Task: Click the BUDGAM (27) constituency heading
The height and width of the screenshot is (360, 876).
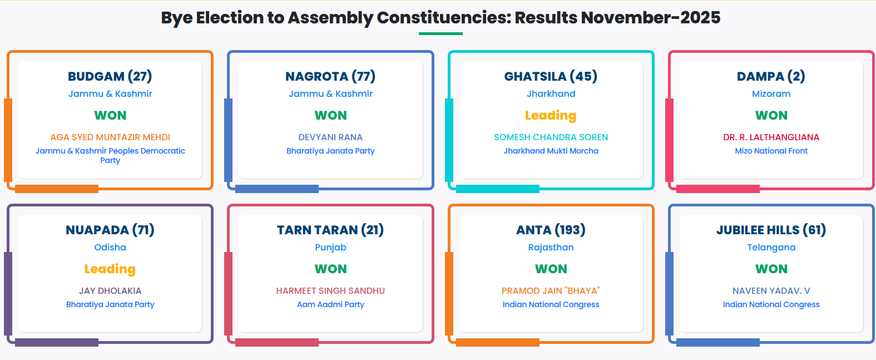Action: click(110, 76)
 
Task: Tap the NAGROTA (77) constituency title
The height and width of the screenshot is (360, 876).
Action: click(330, 76)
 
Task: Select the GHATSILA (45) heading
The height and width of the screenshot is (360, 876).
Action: click(551, 76)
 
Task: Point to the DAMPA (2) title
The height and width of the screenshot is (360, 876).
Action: click(771, 76)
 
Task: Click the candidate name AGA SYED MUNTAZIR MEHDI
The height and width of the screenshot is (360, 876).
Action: click(110, 137)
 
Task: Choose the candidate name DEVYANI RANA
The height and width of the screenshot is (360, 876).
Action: click(330, 137)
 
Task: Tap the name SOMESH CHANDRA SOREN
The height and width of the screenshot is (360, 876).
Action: click(551, 137)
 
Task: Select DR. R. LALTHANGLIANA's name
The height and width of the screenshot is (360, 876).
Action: click(771, 137)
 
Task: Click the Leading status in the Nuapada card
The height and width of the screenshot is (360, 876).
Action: click(110, 269)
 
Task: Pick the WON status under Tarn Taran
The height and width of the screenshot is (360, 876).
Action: click(330, 269)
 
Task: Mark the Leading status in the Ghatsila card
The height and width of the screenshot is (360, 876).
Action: click(551, 115)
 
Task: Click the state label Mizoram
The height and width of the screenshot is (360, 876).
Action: click(771, 94)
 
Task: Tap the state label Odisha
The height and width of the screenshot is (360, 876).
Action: click(110, 247)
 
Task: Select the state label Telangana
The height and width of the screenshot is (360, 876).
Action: click(771, 247)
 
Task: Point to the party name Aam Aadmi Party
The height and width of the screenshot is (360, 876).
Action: click(330, 304)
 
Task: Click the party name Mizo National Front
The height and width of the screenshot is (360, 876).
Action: click(771, 151)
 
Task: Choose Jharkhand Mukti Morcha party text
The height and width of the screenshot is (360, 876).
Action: click(551, 151)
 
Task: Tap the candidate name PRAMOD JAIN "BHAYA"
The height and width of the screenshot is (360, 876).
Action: click(551, 291)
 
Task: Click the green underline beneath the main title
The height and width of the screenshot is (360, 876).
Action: click(441, 33)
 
